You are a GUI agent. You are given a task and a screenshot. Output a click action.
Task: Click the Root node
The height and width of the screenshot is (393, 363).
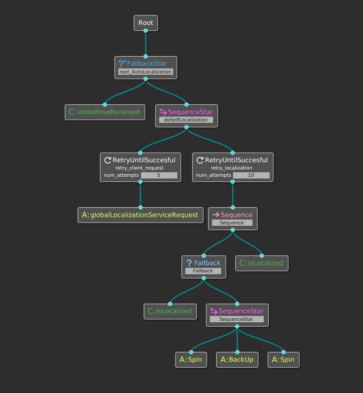(145, 23)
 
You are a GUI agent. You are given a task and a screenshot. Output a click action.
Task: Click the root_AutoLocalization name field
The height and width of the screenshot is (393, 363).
(145, 72)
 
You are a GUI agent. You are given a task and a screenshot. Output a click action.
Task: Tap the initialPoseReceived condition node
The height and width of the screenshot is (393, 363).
(105, 112)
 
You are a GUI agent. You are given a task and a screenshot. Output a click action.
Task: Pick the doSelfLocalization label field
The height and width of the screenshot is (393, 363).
(186, 120)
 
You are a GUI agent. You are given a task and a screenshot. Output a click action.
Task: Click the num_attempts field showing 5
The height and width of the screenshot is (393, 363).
(159, 175)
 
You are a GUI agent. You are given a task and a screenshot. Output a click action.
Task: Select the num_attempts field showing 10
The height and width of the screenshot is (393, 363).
(251, 175)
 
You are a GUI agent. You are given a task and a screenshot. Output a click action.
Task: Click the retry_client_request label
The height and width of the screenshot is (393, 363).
(140, 168)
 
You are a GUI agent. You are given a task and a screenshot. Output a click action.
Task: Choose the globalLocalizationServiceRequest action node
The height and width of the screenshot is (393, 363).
(140, 215)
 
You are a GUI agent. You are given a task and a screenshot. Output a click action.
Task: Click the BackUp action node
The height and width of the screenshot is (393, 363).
(237, 359)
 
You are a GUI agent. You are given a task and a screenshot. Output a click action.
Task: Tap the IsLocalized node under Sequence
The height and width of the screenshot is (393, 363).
(262, 263)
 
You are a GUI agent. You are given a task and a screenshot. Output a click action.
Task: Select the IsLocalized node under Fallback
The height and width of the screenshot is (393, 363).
(170, 311)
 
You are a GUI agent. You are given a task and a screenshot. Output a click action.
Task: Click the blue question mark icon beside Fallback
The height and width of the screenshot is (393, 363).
(189, 263)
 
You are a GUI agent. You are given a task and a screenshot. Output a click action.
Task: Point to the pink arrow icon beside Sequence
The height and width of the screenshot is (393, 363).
(216, 215)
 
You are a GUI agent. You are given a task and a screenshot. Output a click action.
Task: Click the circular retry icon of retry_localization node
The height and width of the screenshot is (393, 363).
(200, 160)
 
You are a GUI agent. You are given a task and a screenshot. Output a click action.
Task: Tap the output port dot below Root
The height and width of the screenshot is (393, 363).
(145, 31)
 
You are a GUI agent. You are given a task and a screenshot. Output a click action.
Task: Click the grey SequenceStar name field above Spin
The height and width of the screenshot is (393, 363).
(237, 319)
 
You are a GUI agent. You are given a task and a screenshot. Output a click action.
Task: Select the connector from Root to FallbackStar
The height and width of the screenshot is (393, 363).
(145, 44)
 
